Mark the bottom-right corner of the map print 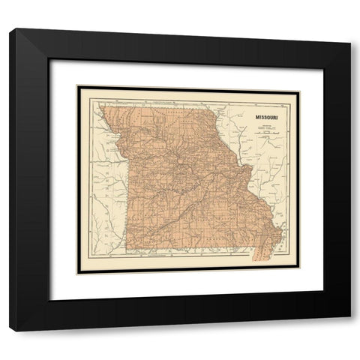[299, 272]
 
